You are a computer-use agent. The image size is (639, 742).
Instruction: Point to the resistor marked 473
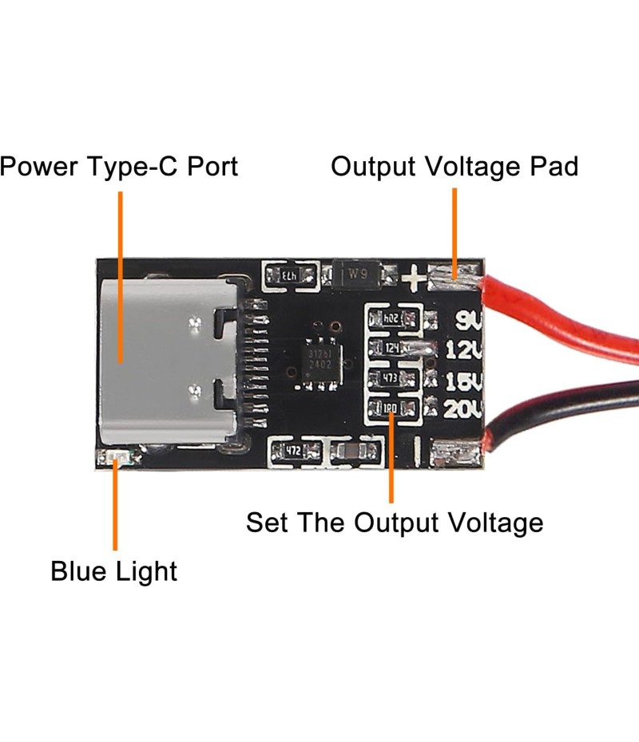(x=392, y=377)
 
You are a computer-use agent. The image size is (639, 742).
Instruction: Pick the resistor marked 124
(x=392, y=348)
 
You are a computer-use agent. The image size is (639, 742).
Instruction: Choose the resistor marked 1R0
(x=391, y=409)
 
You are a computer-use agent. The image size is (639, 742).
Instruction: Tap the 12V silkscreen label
(x=462, y=349)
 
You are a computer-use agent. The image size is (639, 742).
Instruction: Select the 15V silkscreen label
(x=462, y=380)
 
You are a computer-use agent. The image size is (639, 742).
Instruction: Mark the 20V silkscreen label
(x=462, y=410)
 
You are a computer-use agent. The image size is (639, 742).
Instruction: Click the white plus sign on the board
(x=413, y=278)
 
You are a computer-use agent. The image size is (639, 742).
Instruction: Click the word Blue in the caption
(x=79, y=571)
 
